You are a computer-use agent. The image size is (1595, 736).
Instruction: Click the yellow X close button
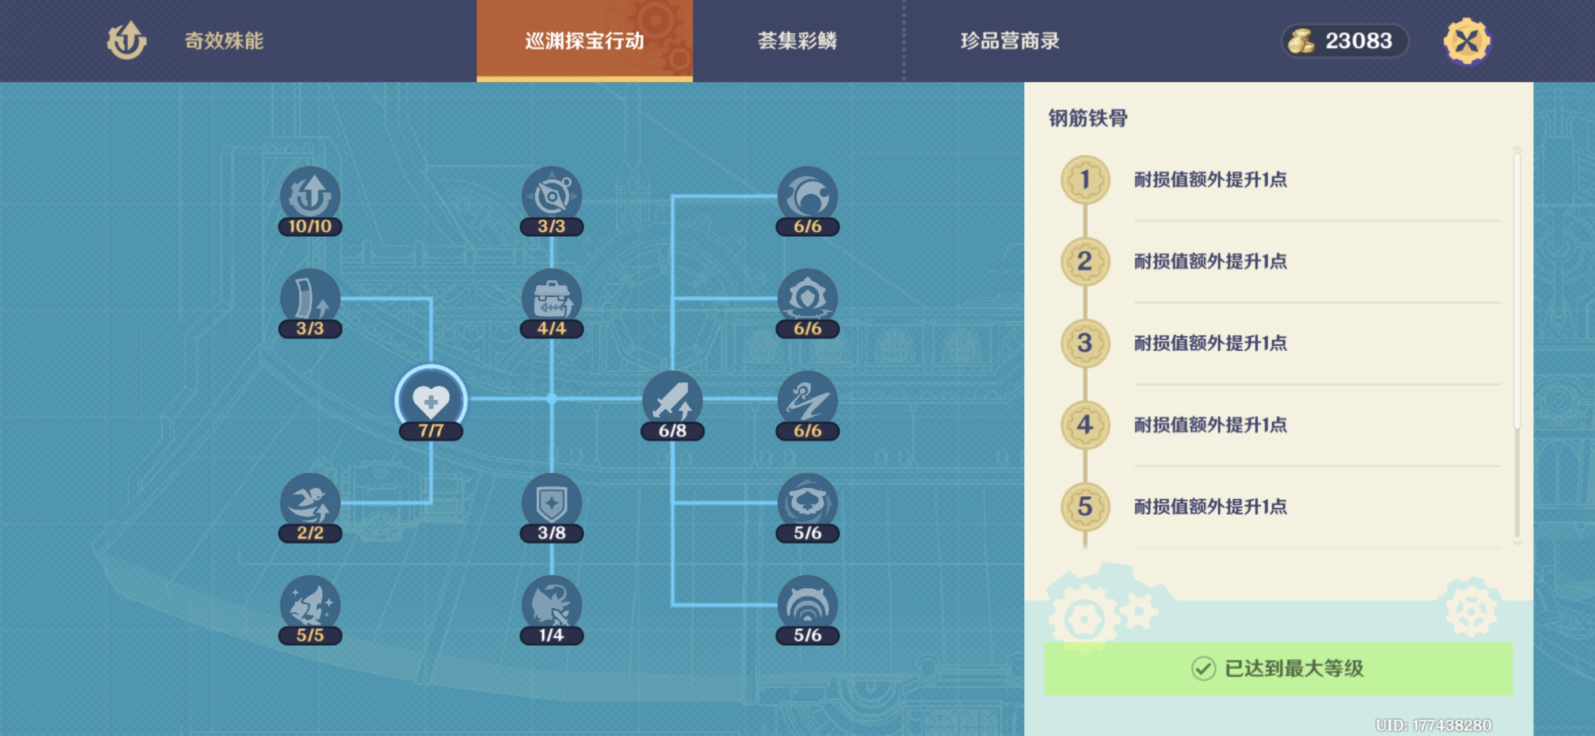point(1467,41)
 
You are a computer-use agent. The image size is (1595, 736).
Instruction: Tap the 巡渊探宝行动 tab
point(585,41)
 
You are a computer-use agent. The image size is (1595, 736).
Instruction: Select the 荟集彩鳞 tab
point(797,41)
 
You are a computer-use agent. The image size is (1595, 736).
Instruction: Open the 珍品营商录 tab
point(1010,41)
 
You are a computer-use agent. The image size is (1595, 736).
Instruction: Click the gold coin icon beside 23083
point(1301,41)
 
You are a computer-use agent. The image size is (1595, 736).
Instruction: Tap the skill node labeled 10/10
point(310,201)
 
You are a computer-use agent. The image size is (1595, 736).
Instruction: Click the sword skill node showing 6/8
point(673,405)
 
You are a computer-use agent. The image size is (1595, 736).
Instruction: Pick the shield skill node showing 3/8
point(552,507)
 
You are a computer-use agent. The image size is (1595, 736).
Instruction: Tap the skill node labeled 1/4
point(552,609)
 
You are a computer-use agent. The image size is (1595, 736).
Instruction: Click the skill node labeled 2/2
point(310,507)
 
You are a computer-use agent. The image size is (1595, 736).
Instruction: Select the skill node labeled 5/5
point(310,609)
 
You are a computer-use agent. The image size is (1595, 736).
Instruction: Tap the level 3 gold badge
point(1085,343)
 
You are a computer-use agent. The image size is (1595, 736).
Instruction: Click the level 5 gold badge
point(1085,507)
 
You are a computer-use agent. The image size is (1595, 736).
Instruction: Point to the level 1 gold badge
point(1085,179)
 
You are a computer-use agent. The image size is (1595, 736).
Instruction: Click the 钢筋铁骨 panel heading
point(1088,118)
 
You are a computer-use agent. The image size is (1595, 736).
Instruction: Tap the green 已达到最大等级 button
point(1278,669)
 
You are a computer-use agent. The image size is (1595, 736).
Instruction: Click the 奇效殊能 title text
point(224,41)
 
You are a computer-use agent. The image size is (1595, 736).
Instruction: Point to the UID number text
point(1433,725)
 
